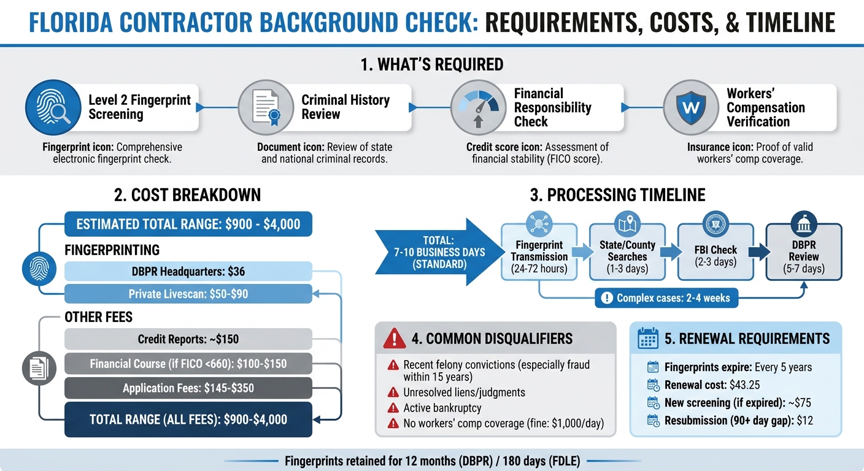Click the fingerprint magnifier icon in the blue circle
53,107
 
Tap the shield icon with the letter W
691,107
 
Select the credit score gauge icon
478,107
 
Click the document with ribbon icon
266,107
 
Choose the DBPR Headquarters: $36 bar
188,271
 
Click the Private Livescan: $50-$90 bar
188,294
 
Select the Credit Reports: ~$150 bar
188,339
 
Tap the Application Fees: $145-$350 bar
188,388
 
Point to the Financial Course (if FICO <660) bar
188,364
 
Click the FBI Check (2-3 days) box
715,251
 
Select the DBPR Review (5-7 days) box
804,251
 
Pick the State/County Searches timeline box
628,251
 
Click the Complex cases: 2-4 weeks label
666,298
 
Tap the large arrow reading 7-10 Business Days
440,252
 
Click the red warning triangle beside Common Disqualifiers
394,339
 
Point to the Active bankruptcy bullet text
442,408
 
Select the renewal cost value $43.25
745,385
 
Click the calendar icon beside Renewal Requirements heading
648,338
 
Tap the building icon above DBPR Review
804,224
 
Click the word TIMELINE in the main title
791,22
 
